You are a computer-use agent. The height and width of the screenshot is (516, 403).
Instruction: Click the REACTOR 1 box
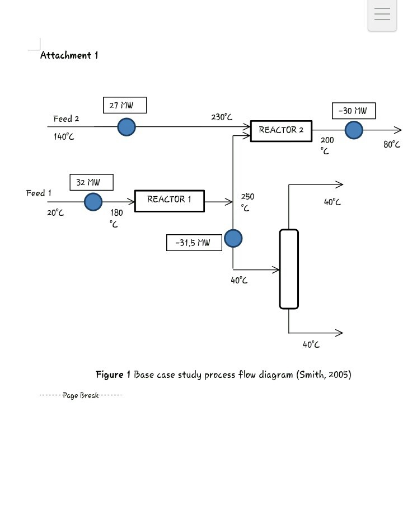[170, 200]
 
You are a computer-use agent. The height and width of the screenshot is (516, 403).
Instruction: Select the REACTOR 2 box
[281, 130]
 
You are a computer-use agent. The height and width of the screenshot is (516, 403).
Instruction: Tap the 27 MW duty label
[125, 105]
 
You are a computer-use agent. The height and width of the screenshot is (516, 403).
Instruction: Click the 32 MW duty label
[91, 182]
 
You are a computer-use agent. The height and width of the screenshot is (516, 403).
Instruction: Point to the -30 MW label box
[353, 111]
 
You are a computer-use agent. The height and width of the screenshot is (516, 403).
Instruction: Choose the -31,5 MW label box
[194, 243]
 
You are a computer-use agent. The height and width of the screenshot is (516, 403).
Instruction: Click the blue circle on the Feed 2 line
[126, 127]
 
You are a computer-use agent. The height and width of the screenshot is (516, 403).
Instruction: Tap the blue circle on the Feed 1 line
[93, 201]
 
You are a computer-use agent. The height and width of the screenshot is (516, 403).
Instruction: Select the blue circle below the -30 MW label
[354, 130]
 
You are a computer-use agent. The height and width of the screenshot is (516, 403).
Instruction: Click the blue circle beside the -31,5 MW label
[233, 239]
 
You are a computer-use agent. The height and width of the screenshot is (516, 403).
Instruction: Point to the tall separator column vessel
[289, 269]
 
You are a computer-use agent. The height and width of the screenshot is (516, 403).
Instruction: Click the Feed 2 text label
[66, 119]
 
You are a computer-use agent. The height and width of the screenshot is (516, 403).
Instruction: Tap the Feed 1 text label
[39, 193]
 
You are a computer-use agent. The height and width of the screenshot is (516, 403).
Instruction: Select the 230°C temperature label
[222, 117]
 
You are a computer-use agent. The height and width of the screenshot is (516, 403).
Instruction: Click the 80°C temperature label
[392, 144]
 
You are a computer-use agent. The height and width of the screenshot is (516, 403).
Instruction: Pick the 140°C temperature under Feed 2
[64, 136]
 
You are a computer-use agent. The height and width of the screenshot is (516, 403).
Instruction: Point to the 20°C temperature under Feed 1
[55, 212]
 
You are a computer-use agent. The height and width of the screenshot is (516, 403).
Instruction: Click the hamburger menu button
[382, 15]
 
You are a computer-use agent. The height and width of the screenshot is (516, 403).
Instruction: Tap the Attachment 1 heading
[69, 55]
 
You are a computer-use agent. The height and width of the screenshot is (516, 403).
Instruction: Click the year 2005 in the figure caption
[338, 375]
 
